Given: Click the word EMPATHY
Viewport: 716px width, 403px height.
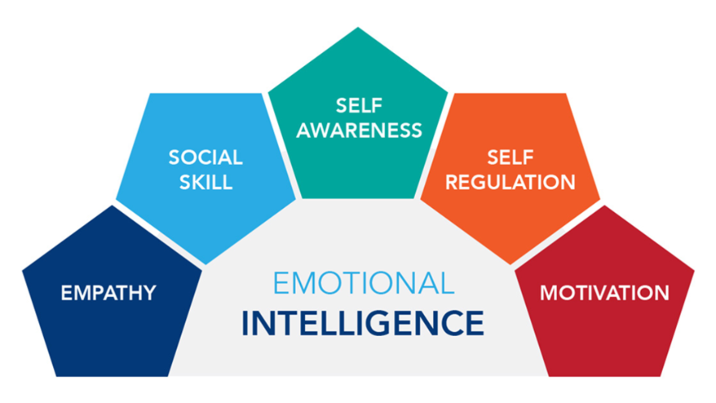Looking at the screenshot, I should point(109,293).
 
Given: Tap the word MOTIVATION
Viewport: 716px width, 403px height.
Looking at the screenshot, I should point(605,293).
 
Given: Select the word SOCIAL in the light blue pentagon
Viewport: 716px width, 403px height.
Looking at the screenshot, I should point(205,157).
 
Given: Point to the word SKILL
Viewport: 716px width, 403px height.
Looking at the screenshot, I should point(206,182).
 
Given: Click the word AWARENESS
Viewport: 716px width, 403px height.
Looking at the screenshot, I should point(359,130).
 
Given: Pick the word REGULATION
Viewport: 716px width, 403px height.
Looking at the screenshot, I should point(510,182).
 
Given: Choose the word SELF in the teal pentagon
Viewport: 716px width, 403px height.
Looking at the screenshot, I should point(359,106).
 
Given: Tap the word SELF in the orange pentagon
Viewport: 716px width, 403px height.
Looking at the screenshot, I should point(510,157).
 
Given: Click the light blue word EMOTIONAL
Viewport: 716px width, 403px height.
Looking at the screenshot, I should point(363,283).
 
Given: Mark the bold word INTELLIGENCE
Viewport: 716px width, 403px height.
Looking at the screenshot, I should point(362,323).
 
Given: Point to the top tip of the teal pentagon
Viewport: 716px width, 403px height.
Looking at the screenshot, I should point(358,28).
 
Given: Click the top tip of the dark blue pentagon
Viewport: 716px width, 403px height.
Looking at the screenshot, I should point(112,206).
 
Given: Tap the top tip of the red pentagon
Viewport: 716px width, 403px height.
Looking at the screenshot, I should point(605,206).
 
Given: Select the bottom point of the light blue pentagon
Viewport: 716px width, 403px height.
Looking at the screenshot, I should point(206,263).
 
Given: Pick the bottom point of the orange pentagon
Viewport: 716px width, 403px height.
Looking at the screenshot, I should point(510,263).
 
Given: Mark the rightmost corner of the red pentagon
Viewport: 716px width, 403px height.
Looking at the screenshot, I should point(693,270).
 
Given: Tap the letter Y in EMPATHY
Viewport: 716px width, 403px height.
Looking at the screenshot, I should point(150,293).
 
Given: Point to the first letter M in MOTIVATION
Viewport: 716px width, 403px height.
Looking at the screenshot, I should point(549,293).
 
